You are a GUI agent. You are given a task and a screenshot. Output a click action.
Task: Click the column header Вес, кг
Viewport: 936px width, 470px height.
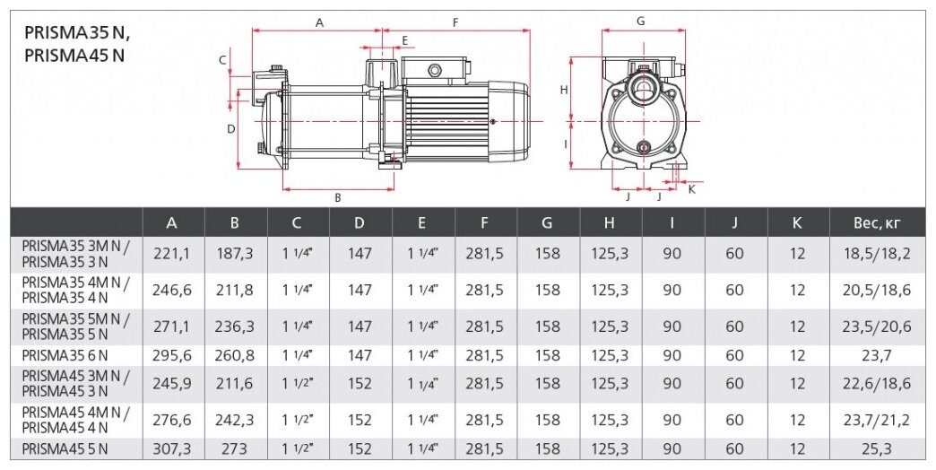point(876,223)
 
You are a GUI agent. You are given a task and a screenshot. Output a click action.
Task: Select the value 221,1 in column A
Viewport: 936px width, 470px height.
point(171,254)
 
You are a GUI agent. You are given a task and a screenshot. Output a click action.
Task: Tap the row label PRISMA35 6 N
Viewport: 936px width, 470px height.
point(65,355)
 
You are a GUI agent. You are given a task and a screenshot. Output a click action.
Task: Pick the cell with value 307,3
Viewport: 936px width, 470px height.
point(172,448)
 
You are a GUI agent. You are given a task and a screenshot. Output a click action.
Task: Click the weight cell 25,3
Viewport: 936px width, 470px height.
point(876,448)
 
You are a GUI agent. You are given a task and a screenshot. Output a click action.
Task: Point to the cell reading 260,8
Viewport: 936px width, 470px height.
point(235,355)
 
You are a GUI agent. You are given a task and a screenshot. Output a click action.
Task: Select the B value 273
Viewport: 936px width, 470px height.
point(235,448)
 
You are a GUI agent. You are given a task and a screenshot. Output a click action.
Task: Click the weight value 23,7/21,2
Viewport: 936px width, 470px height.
point(876,421)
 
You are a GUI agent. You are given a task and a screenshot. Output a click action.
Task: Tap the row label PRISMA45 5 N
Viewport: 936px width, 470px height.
point(65,448)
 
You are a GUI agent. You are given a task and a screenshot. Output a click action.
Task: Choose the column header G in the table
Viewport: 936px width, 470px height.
point(547,223)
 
